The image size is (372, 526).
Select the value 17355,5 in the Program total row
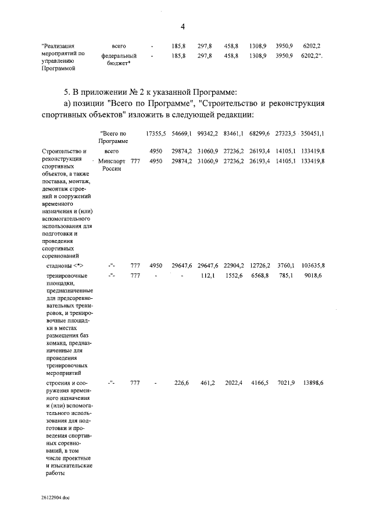(156, 134)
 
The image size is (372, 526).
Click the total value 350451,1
(313, 134)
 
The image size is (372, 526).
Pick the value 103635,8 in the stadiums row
(313, 265)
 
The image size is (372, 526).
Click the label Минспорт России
(112, 164)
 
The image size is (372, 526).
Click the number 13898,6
(313, 383)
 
